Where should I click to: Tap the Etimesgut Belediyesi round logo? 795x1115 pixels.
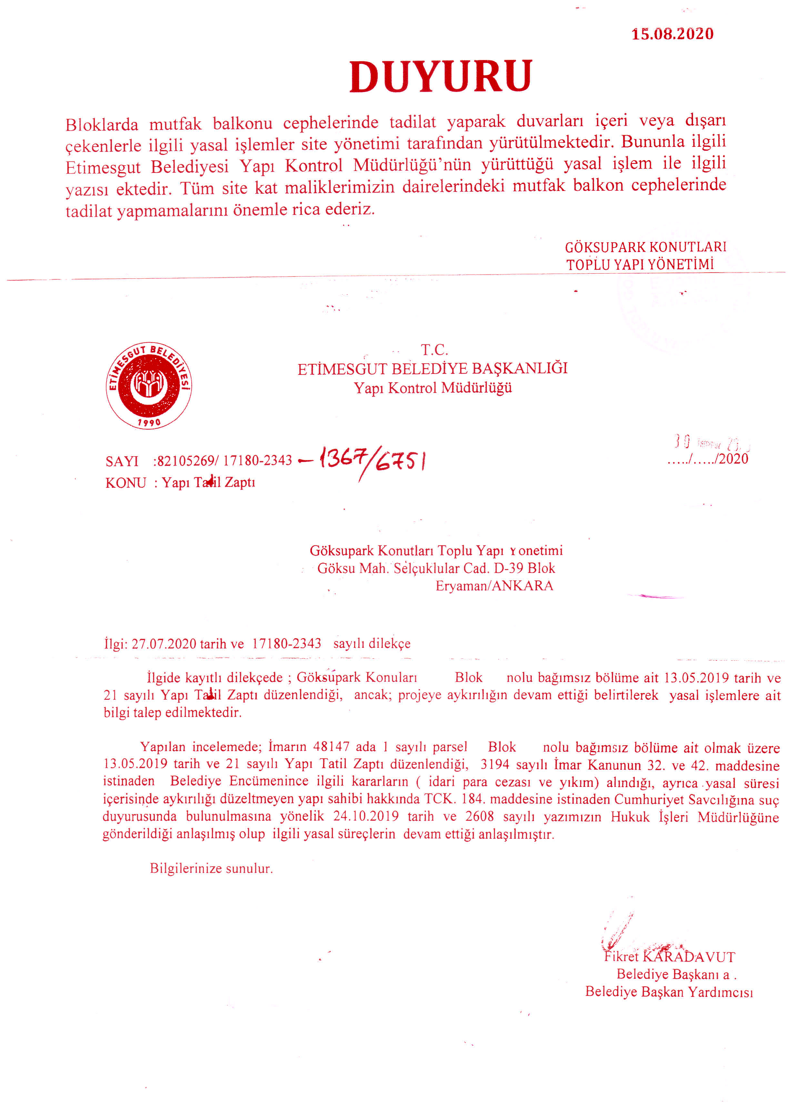[x=149, y=385]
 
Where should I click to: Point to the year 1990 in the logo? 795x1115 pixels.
[x=149, y=422]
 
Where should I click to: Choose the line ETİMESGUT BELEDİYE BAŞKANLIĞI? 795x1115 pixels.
[x=432, y=368]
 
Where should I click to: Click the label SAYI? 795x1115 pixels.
[x=122, y=461]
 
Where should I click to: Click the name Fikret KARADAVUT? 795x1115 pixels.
[x=669, y=957]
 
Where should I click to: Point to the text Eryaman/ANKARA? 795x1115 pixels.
[x=494, y=586]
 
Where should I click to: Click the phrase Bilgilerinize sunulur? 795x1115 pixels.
[x=211, y=868]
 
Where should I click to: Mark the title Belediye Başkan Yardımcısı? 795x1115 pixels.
[x=669, y=992]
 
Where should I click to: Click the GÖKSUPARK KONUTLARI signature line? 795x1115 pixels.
[x=645, y=247]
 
